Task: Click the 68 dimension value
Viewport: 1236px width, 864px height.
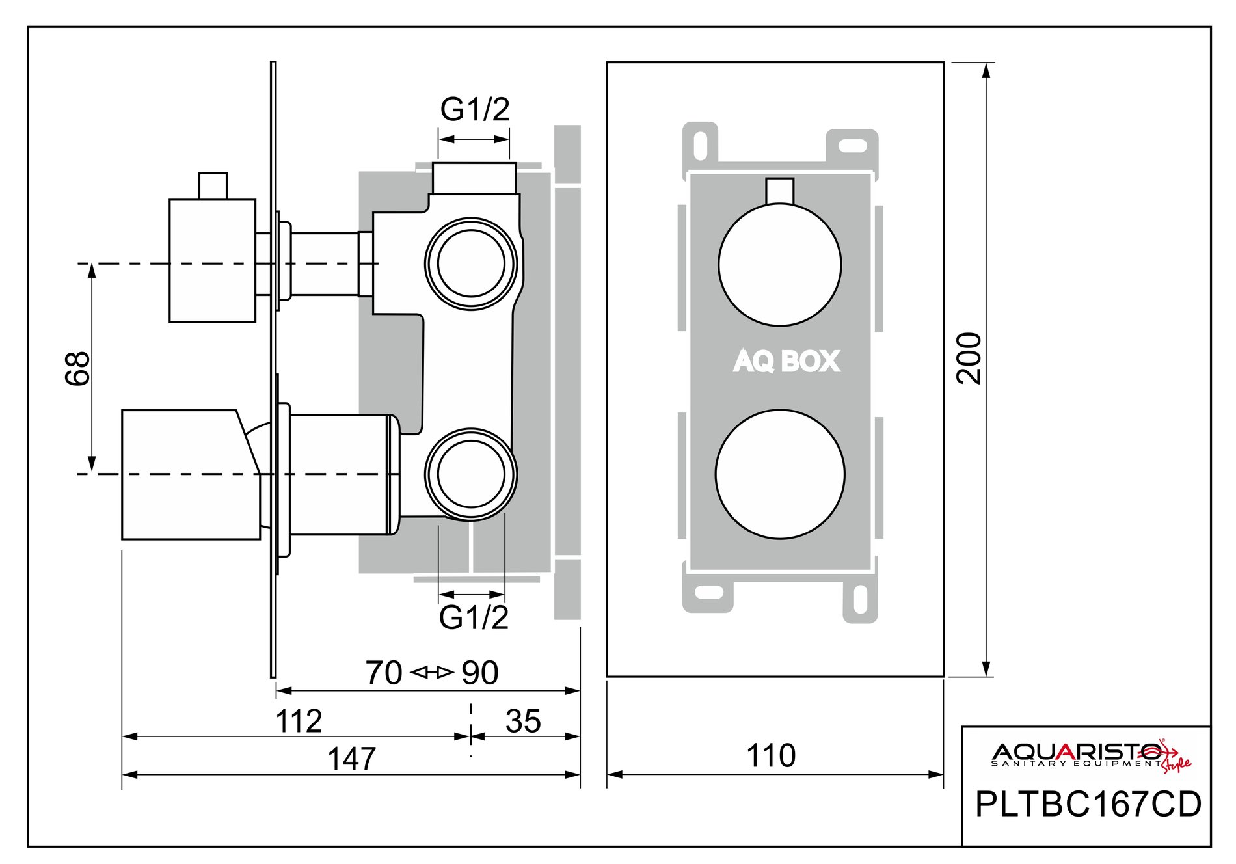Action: (77, 369)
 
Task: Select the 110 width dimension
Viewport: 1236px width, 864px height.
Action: (771, 756)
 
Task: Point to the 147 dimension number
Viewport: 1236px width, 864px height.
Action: (351, 759)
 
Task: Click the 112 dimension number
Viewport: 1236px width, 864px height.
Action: (299, 721)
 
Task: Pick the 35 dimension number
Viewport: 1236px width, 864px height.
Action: (523, 721)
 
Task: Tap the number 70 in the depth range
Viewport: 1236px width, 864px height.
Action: (384, 673)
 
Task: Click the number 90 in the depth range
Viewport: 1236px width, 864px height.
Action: (480, 673)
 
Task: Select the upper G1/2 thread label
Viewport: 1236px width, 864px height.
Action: (475, 109)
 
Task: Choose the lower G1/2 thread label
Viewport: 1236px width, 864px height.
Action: (474, 617)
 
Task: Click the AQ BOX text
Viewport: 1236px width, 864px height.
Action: (786, 362)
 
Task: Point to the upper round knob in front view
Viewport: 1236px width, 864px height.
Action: (779, 265)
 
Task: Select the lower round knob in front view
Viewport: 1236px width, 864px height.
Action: (780, 474)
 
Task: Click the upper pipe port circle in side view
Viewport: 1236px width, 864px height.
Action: (471, 263)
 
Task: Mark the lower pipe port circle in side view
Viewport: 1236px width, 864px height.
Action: (471, 474)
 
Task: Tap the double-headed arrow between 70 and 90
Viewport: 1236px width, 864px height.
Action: (433, 672)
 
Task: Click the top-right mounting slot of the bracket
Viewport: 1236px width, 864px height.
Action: (852, 145)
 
